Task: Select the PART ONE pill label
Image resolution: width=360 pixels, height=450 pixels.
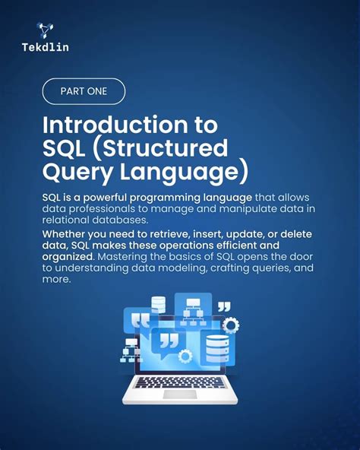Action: [83, 92]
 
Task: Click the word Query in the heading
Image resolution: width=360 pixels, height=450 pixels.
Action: [74, 172]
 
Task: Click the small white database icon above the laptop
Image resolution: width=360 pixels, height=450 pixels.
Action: [158, 304]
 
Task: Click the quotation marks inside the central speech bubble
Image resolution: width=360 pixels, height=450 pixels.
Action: [169, 340]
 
